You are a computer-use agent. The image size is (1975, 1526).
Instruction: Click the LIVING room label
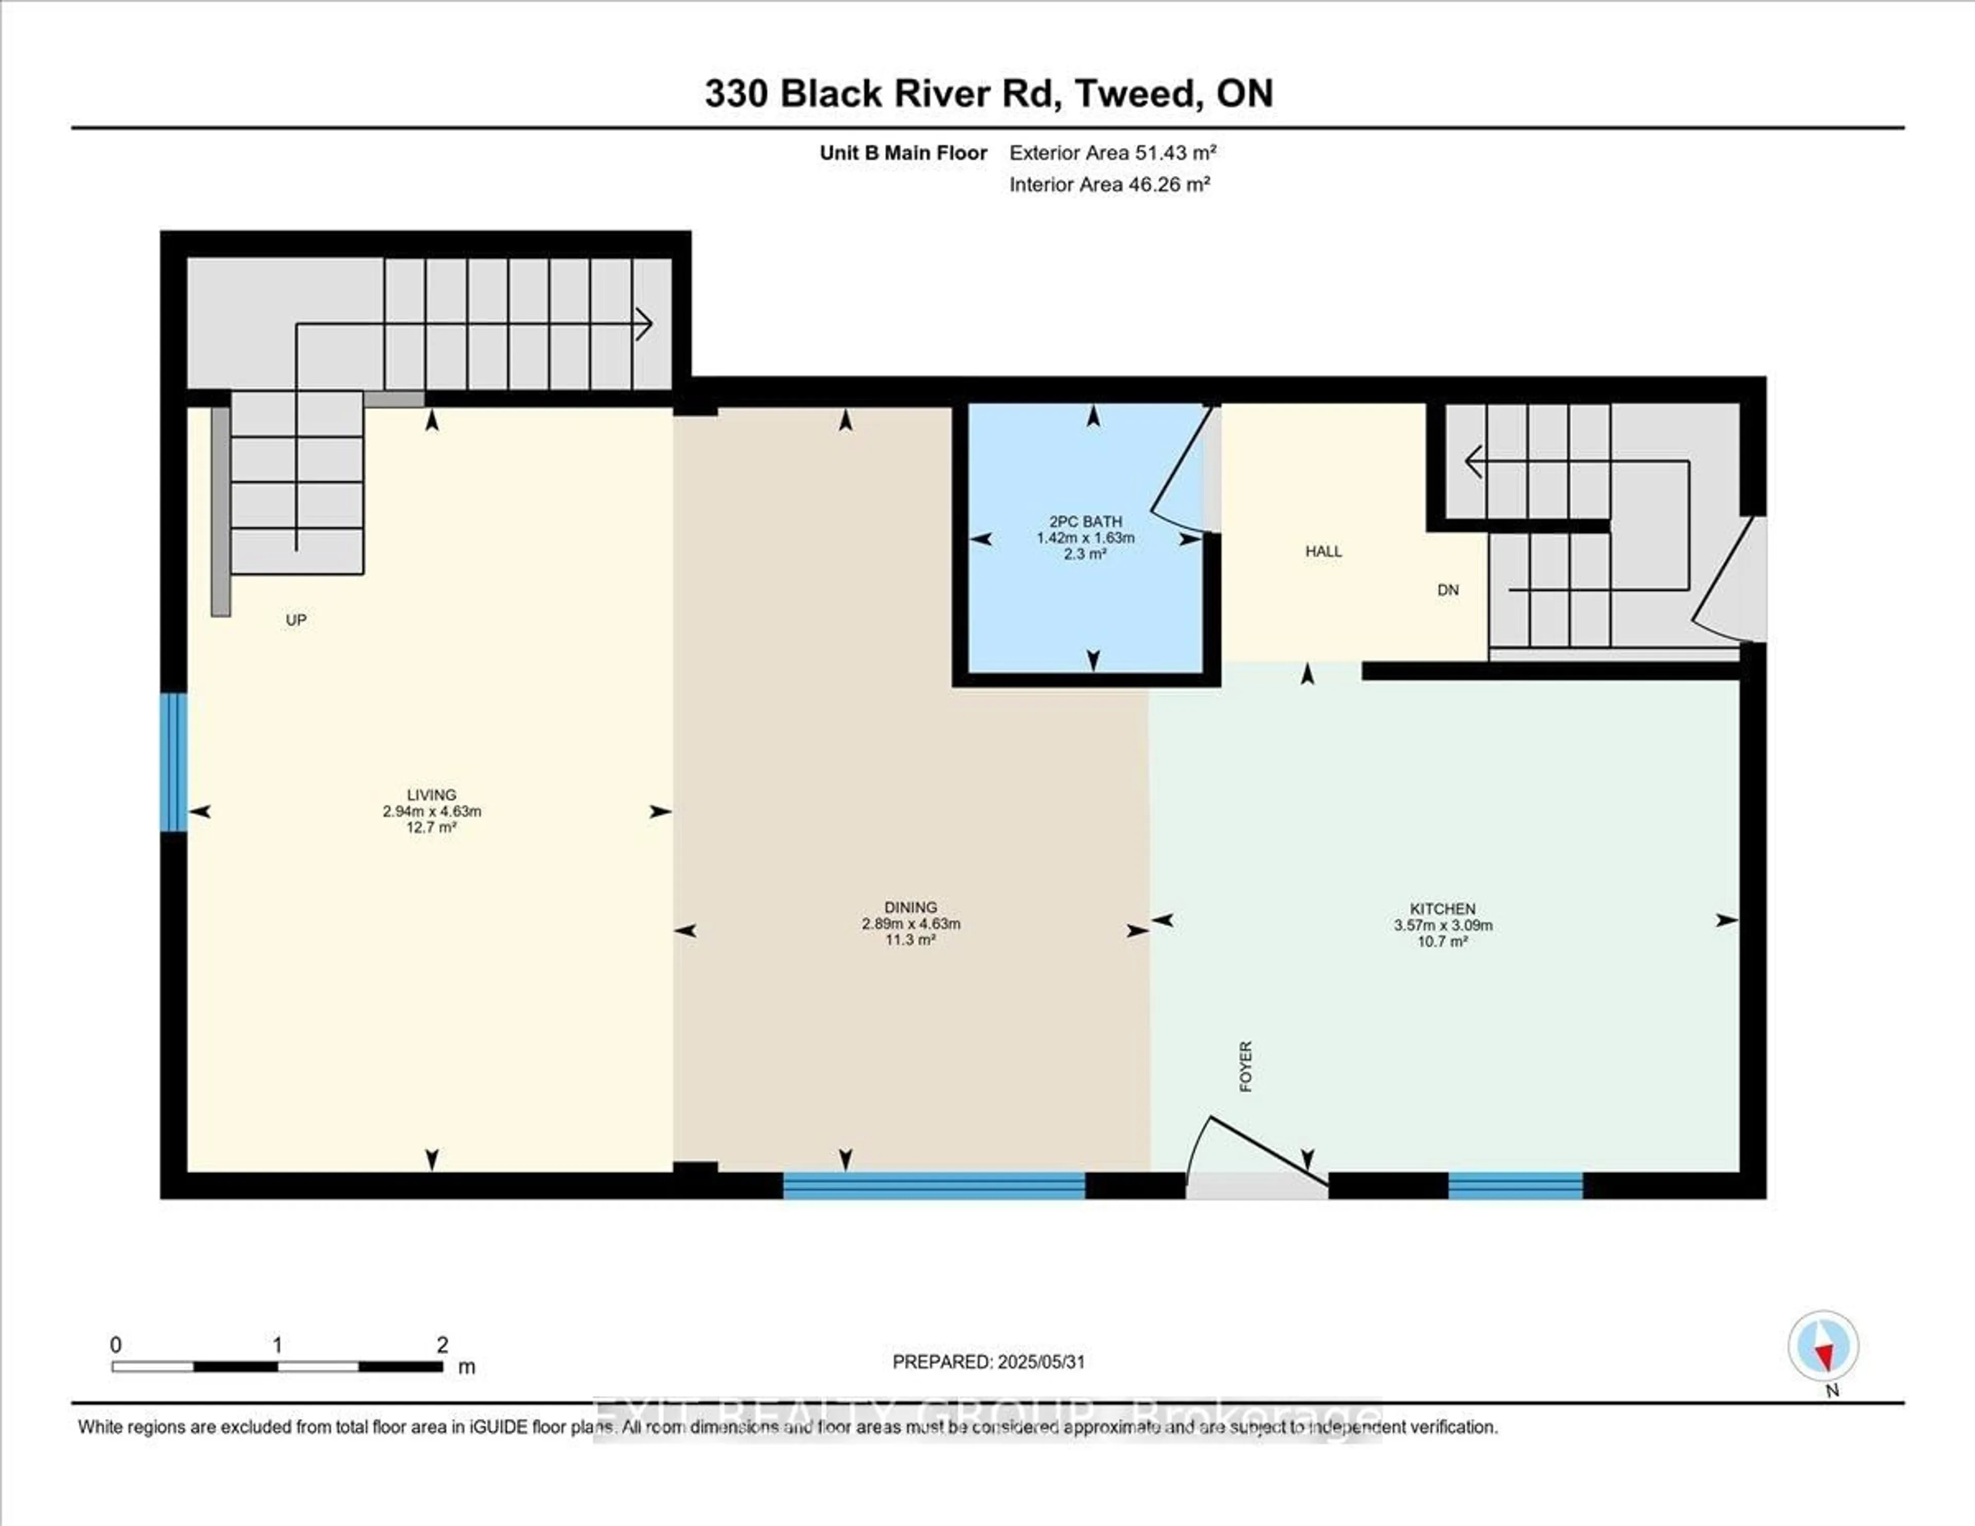pos(432,795)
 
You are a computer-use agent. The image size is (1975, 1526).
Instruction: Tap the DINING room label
pos(911,907)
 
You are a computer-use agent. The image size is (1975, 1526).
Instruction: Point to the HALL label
pos(1323,551)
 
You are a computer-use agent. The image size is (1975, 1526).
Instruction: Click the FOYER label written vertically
pos(1245,1067)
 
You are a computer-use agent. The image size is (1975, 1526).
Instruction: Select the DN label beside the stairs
pos(1448,590)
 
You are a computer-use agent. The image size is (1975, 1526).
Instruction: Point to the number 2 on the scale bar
pos(442,1345)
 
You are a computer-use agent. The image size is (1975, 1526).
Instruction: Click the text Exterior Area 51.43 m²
pos(1112,153)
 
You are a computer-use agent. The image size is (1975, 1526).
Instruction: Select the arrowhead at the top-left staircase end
pos(645,324)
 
